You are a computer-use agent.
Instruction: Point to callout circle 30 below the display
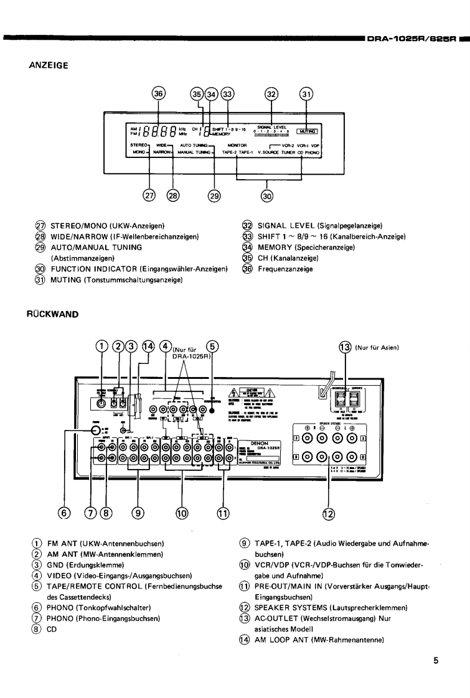266,195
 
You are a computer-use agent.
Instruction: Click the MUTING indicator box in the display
306,131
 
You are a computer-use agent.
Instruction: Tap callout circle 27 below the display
149,195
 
